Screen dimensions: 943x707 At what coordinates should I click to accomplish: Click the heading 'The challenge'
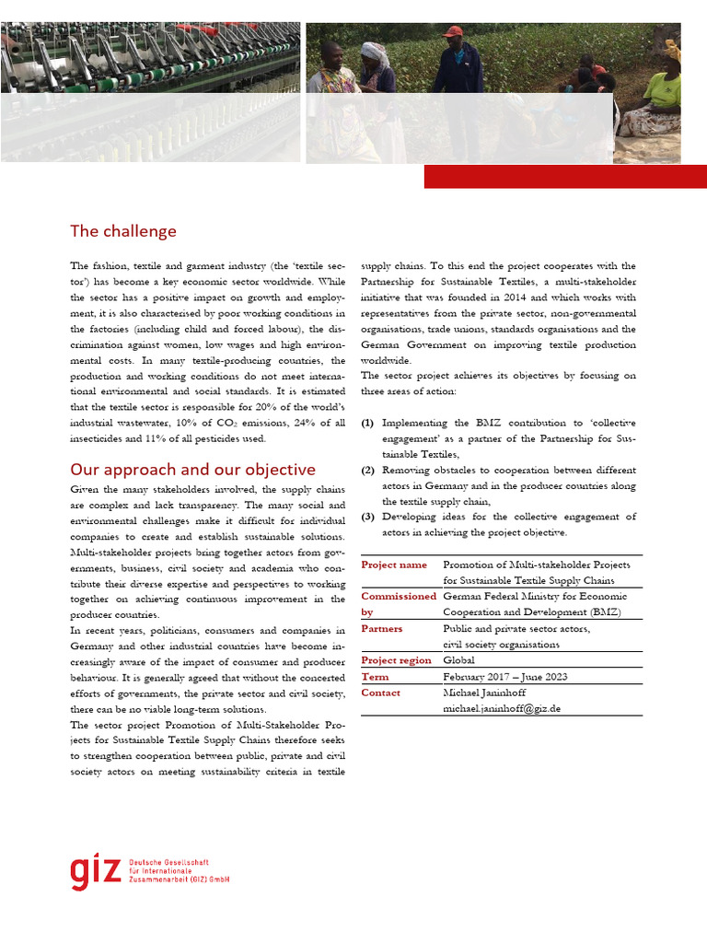123,231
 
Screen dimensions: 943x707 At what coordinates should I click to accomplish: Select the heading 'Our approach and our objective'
192,470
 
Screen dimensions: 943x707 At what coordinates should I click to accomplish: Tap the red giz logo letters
95,871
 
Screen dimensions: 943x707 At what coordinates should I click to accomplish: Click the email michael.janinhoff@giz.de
502,709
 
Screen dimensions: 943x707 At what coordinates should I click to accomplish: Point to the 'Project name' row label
394,565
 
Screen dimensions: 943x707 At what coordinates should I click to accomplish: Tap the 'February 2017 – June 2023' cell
504,677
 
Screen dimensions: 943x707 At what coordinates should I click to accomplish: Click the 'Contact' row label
381,693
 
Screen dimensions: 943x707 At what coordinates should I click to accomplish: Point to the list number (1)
367,423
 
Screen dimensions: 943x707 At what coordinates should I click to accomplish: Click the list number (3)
367,517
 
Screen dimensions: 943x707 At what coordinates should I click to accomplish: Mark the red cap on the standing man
452,31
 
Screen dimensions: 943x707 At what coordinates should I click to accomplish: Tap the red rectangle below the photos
564,177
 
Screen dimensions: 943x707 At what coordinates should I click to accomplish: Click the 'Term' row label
374,677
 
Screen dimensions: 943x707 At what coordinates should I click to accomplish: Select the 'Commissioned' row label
399,597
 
